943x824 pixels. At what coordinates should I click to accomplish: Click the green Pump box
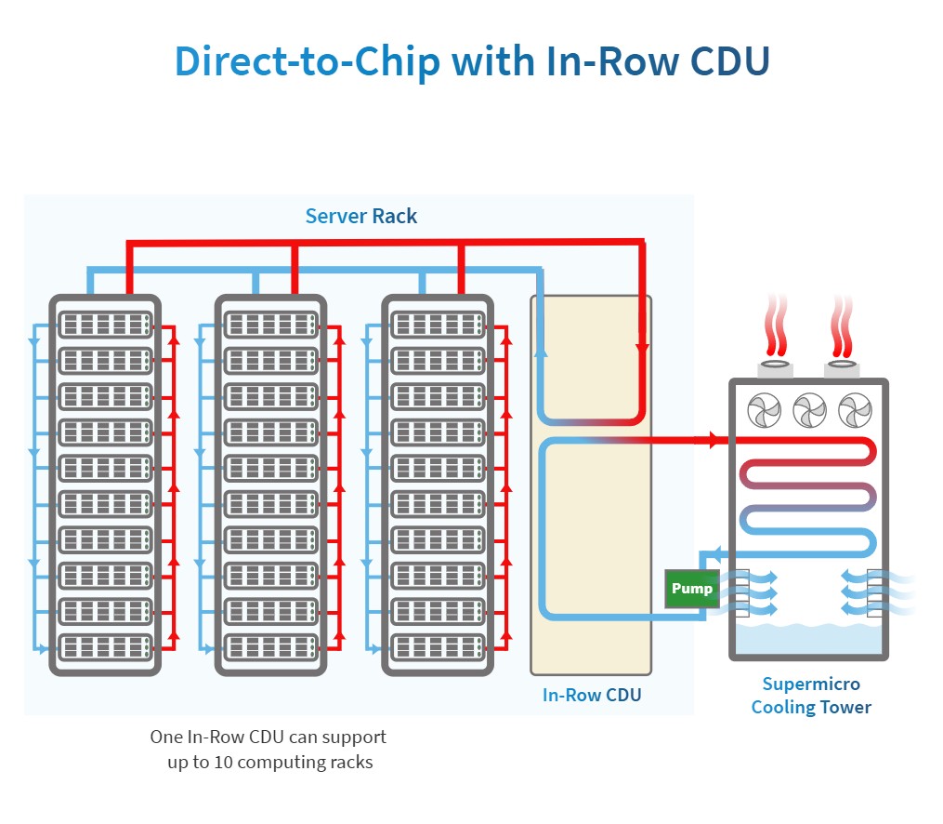(692, 589)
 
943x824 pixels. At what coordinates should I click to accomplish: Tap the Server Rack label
(360, 217)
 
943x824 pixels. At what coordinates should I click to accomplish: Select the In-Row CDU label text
(592, 695)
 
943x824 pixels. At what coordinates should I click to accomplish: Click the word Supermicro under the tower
(811, 684)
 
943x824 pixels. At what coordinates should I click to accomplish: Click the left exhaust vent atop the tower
(776, 368)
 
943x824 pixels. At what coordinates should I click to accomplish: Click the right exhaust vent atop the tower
(843, 368)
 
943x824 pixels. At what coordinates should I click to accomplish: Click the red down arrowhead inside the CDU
(642, 349)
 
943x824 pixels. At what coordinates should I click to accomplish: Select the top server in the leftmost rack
(105, 325)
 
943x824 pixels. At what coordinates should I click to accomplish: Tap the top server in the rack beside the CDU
(438, 325)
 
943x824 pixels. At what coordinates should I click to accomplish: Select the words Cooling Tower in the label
(811, 708)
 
